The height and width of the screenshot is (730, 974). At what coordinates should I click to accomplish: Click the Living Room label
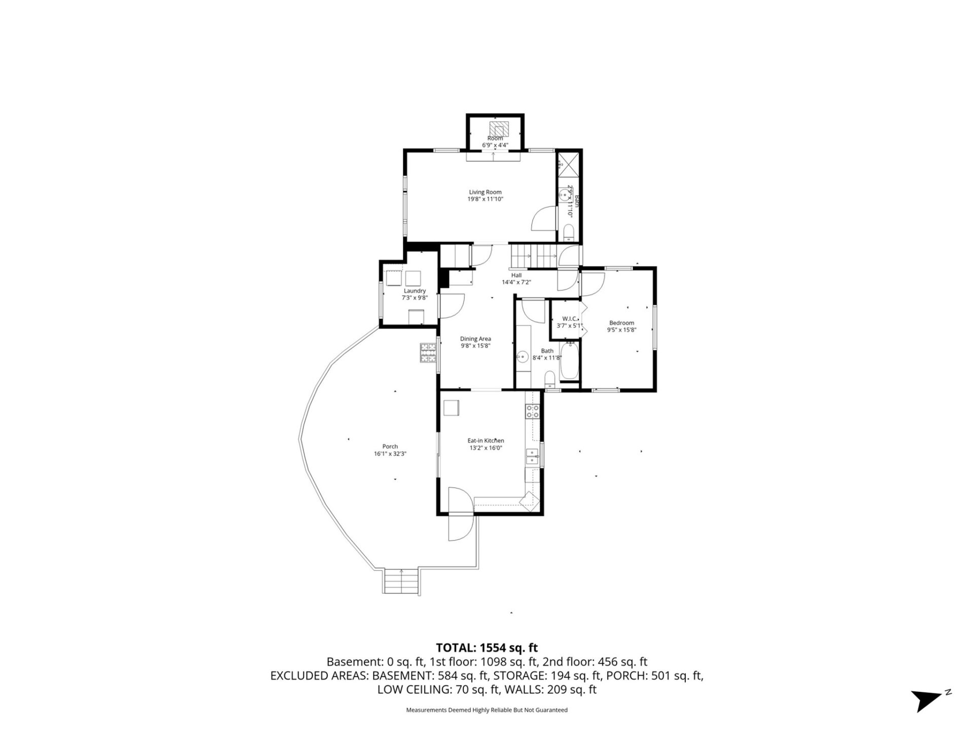pyautogui.click(x=485, y=192)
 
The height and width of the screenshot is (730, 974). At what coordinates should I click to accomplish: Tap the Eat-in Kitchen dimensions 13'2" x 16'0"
pyautogui.click(x=485, y=448)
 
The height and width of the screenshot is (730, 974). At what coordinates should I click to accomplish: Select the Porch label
pyautogui.click(x=390, y=447)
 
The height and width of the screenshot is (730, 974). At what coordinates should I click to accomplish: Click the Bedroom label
pyautogui.click(x=621, y=323)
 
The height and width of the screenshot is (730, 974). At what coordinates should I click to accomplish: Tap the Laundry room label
pyautogui.click(x=414, y=291)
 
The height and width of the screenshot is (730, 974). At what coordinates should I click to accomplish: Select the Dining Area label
pyautogui.click(x=475, y=339)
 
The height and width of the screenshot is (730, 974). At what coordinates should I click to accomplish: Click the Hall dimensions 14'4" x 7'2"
pyautogui.click(x=516, y=282)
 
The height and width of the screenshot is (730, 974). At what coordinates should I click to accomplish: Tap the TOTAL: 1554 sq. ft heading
pyautogui.click(x=486, y=647)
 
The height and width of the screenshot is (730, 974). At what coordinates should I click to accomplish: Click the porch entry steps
pyautogui.click(x=402, y=581)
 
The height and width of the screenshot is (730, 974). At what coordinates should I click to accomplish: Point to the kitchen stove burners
pyautogui.click(x=532, y=411)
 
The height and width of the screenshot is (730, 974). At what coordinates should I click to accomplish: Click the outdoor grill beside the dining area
pyautogui.click(x=428, y=353)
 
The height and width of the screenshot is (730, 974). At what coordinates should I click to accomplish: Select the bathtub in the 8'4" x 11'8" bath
pyautogui.click(x=569, y=361)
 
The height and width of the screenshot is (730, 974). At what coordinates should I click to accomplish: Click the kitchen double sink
pyautogui.click(x=532, y=456)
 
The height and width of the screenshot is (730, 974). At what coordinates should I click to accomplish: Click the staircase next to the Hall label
pyautogui.click(x=533, y=256)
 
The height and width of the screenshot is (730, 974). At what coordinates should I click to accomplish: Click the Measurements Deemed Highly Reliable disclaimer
pyautogui.click(x=486, y=710)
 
